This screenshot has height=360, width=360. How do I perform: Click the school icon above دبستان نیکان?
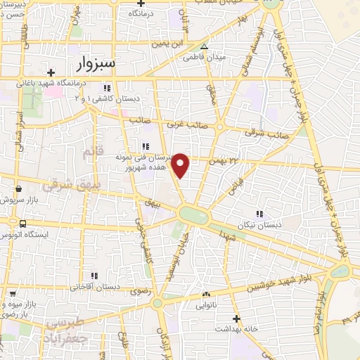coord(259,214)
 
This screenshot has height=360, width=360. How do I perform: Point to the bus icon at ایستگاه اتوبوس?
coord(23,224)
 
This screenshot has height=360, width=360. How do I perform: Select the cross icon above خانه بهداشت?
coord(238,318)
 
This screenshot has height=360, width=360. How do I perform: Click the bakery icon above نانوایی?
coord(206,294)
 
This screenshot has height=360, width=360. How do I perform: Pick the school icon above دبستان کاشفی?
coord(107,88)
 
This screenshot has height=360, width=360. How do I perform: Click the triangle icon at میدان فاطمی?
coord(205,47)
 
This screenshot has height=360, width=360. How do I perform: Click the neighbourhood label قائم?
coord(92,153)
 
